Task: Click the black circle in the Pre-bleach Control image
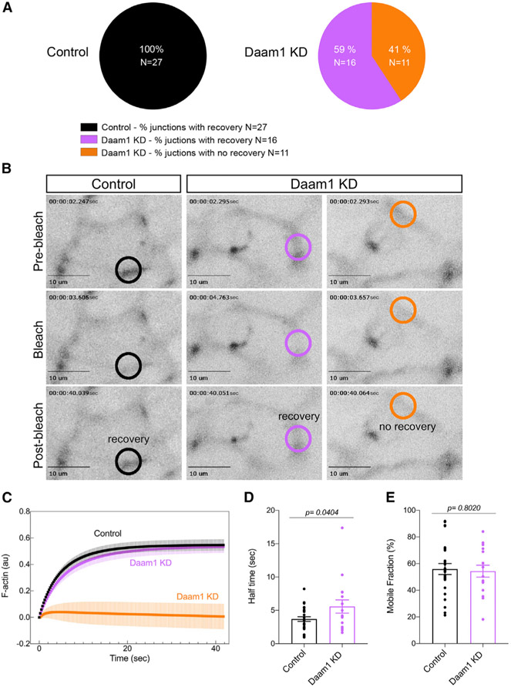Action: (x=129, y=270)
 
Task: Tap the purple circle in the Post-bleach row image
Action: (x=299, y=437)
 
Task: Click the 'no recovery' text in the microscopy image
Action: (x=408, y=425)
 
